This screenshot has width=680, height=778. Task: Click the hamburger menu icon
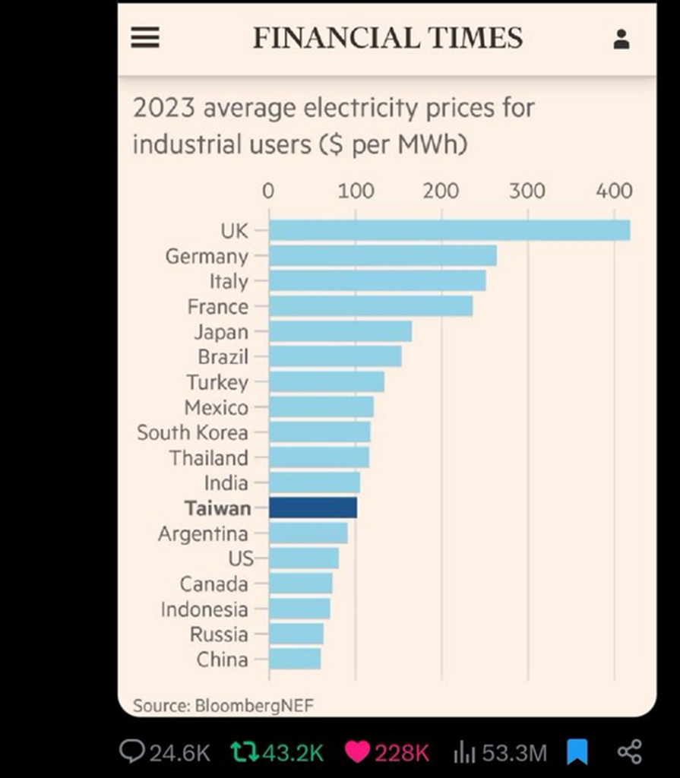(x=145, y=38)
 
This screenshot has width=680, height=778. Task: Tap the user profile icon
(x=621, y=40)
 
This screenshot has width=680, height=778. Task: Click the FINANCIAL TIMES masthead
(x=387, y=38)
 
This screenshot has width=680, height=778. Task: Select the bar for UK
(x=449, y=230)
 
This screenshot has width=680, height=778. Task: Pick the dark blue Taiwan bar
(x=313, y=508)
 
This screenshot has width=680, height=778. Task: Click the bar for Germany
(x=382, y=256)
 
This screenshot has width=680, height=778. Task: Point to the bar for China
(x=295, y=659)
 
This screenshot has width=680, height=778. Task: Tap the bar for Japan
(x=340, y=331)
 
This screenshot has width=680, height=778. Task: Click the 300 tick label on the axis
(x=527, y=191)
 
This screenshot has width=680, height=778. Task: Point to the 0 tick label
(x=268, y=191)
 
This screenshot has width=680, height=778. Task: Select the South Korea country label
(x=192, y=432)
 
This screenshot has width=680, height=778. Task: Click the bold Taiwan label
(x=217, y=508)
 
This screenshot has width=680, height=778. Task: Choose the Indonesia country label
(x=204, y=609)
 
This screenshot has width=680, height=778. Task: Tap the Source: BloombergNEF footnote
(x=223, y=705)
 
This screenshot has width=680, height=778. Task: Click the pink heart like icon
(x=356, y=752)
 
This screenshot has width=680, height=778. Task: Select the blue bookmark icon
(x=577, y=752)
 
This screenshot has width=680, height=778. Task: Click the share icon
(x=629, y=752)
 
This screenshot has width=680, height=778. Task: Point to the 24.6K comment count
(x=179, y=753)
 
